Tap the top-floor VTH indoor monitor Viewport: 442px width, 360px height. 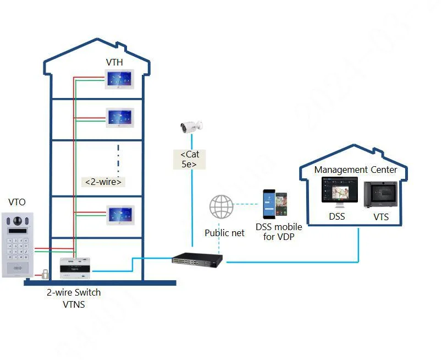[120, 80]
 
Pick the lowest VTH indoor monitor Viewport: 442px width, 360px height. [120, 215]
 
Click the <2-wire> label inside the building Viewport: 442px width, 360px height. [103, 182]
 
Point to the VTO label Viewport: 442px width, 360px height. [17, 203]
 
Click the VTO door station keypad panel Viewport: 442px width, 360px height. [18, 244]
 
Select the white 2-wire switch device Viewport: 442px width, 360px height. [75, 266]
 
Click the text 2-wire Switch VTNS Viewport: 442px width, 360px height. [74, 298]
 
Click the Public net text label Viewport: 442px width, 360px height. [224, 233]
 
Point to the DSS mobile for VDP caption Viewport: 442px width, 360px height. [279, 232]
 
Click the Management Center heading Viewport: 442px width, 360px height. [355, 170]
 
